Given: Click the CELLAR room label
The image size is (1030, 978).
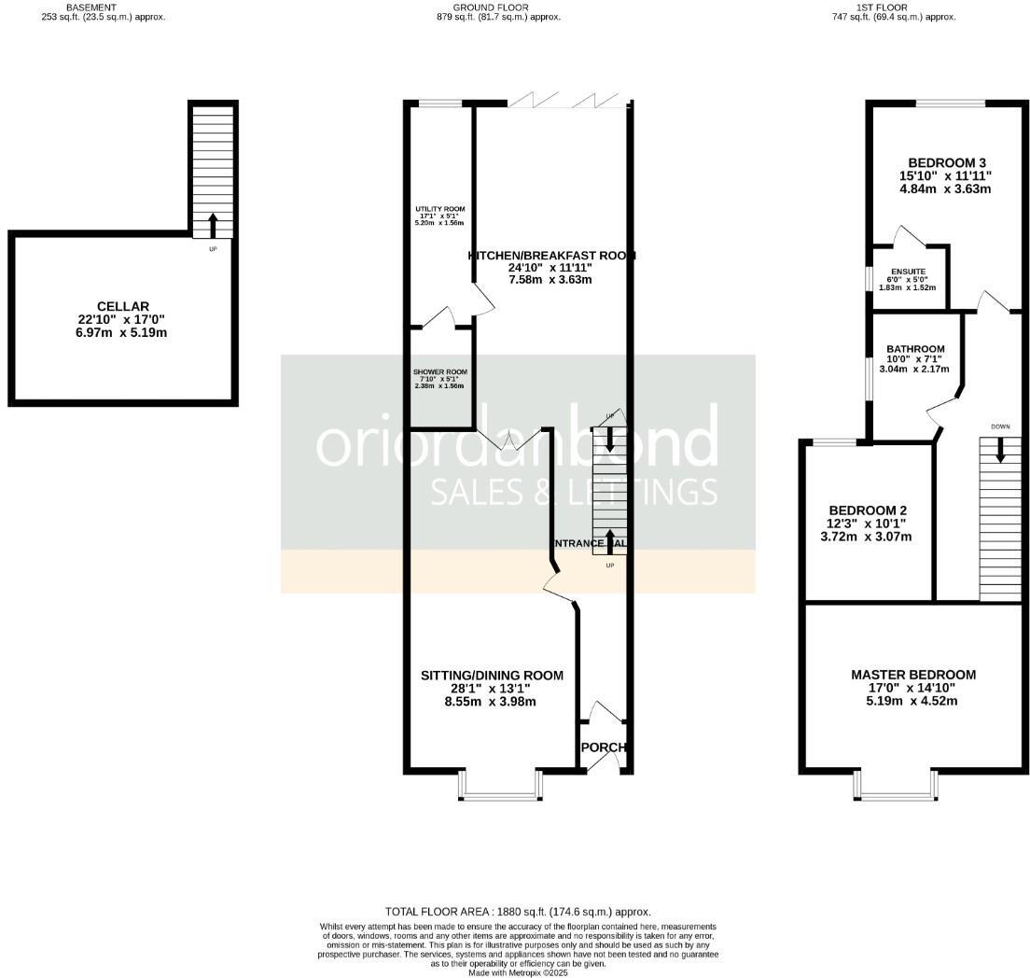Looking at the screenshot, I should (122, 307).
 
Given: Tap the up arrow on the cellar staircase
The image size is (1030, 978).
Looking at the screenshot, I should (213, 225).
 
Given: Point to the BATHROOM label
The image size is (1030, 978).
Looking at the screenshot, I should (914, 350).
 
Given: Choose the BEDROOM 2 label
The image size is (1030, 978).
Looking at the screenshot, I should (868, 510).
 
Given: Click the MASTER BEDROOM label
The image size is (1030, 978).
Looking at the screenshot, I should (913, 675).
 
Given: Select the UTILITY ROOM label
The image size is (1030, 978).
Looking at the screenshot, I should (440, 209).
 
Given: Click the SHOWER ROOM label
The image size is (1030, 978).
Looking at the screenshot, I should (440, 372).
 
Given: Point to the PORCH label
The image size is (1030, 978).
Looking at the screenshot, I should (603, 747).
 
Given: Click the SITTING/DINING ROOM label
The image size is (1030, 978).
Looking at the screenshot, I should (492, 676).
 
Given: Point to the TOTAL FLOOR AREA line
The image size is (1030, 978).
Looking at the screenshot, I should (518, 912).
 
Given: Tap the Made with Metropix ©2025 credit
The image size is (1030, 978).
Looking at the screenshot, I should (518, 972).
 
